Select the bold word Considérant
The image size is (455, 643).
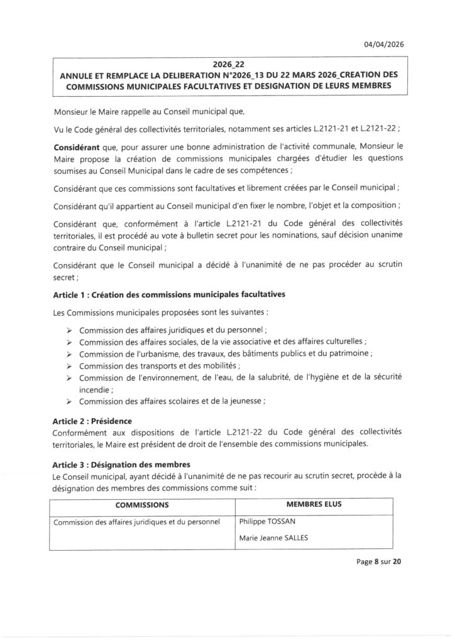77,146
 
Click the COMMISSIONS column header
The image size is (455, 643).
141,504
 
